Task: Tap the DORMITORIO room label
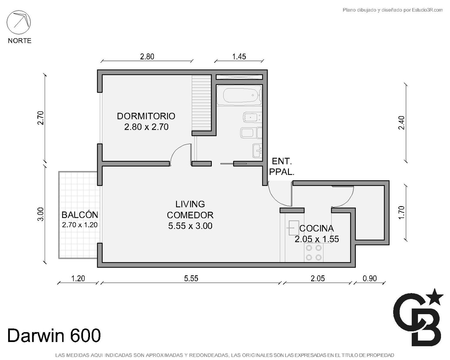pyautogui.click(x=146, y=116)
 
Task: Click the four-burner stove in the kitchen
pyautogui.click(x=314, y=253)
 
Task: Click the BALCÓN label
pyautogui.click(x=80, y=215)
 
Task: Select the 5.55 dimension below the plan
pyautogui.click(x=191, y=278)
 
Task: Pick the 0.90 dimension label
pyautogui.click(x=370, y=278)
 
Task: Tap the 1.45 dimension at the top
pyautogui.click(x=239, y=56)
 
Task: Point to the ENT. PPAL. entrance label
pyautogui.click(x=282, y=167)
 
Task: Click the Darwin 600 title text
pyautogui.click(x=54, y=335)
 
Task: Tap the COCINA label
pyautogui.click(x=316, y=228)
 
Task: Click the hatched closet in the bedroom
pyautogui.click(x=201, y=103)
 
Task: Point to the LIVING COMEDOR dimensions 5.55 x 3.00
pyautogui.click(x=190, y=226)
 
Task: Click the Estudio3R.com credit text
pyautogui.click(x=392, y=10)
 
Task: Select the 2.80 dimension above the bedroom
pyautogui.click(x=147, y=56)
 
